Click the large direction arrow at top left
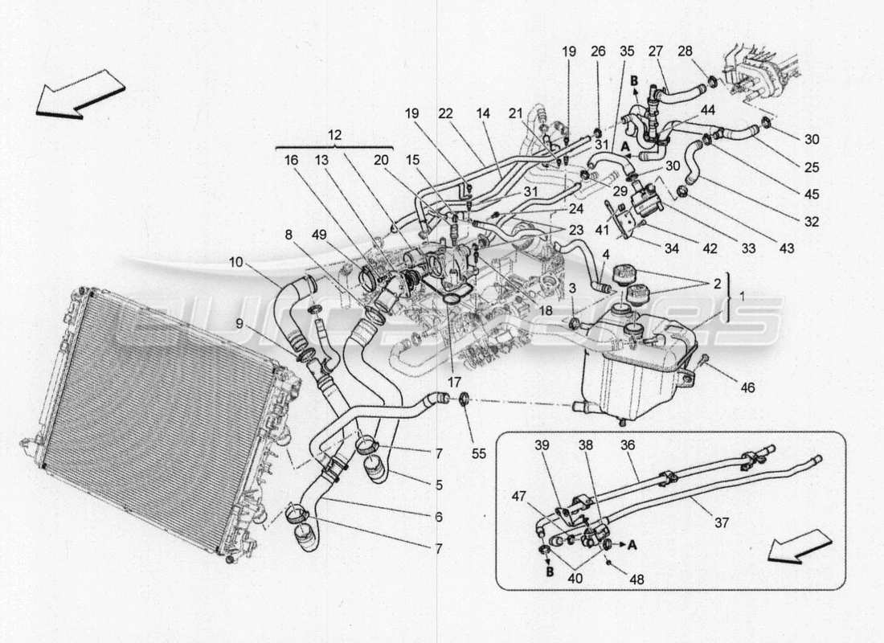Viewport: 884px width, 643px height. [x=80, y=93]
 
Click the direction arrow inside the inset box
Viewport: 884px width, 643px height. [x=799, y=547]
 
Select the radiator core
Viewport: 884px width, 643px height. [x=153, y=418]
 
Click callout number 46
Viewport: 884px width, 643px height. [x=747, y=387]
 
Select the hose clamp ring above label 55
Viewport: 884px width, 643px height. [x=465, y=398]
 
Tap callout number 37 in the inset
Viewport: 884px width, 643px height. [x=721, y=523]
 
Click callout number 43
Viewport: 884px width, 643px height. [x=786, y=249]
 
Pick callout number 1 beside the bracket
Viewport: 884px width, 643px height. [x=741, y=297]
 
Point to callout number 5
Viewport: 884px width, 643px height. [x=439, y=485]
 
